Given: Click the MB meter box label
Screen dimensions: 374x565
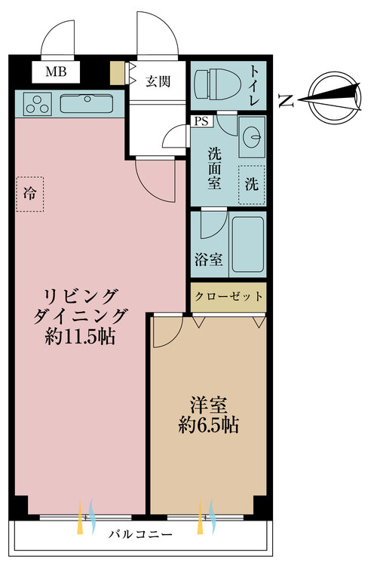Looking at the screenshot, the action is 56,72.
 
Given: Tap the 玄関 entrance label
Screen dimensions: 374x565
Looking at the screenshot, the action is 158,81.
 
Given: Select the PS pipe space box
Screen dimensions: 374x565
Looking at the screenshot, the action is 201,121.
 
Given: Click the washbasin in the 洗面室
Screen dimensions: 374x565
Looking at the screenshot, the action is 252,136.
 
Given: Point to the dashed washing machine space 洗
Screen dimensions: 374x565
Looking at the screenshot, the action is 252,185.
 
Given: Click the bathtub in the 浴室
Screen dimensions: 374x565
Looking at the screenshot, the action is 247,244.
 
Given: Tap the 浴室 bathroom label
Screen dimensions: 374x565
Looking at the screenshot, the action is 208,259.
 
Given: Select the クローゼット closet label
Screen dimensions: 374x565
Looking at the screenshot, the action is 228,297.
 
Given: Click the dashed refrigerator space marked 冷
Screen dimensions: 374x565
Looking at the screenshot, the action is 30,194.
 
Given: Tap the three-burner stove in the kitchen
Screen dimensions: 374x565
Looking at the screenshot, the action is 37,104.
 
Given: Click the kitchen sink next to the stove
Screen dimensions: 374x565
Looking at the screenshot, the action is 87,103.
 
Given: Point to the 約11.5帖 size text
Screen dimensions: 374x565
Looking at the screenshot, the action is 80,337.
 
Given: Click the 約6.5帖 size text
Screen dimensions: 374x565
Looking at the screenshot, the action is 209,425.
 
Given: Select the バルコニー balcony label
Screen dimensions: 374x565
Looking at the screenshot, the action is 140,533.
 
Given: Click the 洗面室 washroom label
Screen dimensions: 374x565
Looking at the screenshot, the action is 214,169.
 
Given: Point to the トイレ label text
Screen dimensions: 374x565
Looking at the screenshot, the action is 254,85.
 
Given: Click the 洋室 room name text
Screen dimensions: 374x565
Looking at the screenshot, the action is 209,405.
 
